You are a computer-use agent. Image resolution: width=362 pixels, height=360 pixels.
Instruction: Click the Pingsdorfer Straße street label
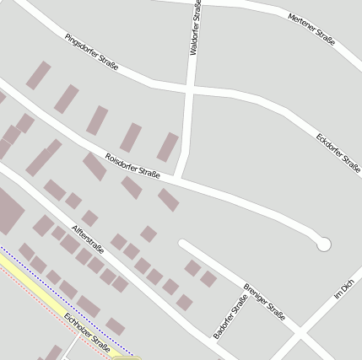(91, 52)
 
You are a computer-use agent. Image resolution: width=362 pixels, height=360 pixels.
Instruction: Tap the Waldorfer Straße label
(196, 27)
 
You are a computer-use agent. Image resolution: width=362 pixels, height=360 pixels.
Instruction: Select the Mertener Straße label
(311, 28)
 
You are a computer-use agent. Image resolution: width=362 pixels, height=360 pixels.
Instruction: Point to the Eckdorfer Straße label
(338, 152)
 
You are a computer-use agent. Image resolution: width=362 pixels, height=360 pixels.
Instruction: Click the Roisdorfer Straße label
(132, 165)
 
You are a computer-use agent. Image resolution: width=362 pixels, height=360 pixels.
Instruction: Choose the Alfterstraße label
(88, 239)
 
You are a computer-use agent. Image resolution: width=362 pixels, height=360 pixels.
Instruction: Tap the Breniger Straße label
(263, 300)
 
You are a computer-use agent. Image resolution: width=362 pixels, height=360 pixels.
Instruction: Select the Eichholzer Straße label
(87, 332)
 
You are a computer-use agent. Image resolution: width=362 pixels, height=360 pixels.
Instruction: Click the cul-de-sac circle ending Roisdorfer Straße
(323, 244)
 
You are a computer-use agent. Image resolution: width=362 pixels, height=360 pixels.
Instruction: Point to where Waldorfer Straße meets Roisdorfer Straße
(179, 180)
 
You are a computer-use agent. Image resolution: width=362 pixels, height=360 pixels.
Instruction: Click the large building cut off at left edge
(8, 211)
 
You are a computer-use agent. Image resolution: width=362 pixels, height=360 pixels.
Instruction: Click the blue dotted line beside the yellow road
(68, 300)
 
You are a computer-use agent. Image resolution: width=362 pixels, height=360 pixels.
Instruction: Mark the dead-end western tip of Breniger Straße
(182, 244)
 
